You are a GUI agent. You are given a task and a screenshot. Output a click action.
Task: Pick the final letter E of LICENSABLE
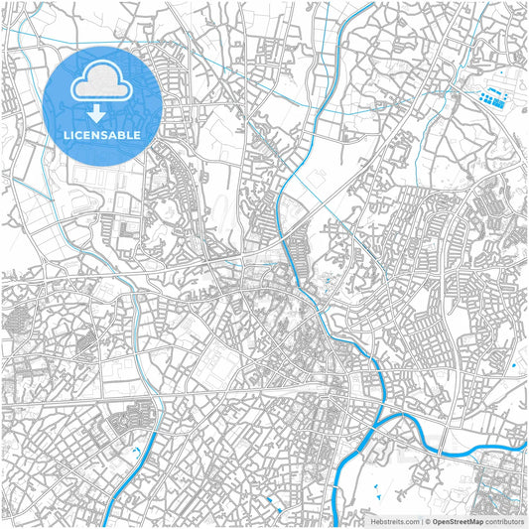point(137,135)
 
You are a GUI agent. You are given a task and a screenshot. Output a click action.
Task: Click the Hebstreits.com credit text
point(394,520)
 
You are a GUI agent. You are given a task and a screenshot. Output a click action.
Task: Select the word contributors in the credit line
point(504,520)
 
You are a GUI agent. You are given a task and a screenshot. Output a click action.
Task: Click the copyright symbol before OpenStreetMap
point(427,520)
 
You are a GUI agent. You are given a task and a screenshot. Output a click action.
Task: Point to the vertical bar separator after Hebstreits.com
point(421,520)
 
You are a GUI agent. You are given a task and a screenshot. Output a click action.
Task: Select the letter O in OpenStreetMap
point(435,520)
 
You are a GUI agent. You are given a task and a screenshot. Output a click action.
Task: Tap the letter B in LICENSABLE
point(123,135)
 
